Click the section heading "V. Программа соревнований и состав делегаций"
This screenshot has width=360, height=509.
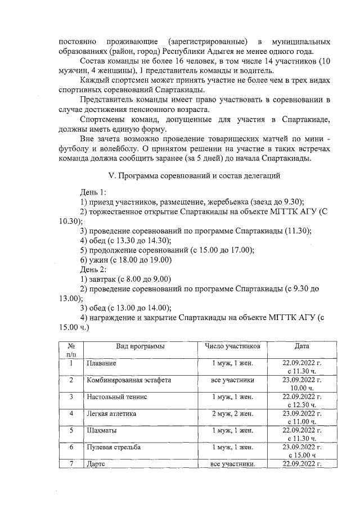point(194,177)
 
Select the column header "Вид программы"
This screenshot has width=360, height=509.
point(141,346)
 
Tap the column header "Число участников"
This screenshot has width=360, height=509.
point(232,346)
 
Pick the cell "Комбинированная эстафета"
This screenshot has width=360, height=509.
point(128,380)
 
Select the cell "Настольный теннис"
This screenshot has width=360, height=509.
point(116,397)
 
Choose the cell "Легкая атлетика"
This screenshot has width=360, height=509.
point(111,413)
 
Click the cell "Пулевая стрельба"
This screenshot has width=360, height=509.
point(113,447)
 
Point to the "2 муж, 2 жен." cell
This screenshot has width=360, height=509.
point(232,413)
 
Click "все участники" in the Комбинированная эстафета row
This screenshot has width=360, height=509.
point(232,380)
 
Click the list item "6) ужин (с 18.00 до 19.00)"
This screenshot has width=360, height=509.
point(125,260)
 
